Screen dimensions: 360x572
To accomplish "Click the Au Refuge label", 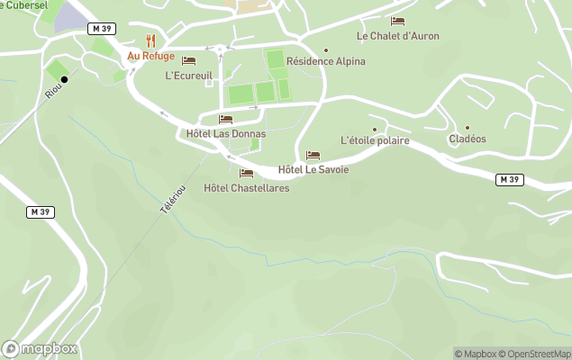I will point(150,56).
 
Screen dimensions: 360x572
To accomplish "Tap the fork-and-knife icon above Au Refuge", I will point(150,40).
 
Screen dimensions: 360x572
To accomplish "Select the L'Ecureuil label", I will point(188,76).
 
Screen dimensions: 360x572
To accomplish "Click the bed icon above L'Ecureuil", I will point(188,61).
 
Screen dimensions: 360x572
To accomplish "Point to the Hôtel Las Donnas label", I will point(225,134).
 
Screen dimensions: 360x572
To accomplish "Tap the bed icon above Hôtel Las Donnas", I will point(225,119).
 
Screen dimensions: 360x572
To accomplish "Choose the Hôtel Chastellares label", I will point(247,188).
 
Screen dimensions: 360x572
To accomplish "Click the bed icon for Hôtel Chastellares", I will point(246,173).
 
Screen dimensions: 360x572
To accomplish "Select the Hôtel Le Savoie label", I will point(313,169).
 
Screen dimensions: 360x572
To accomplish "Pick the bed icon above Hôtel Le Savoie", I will point(313,155).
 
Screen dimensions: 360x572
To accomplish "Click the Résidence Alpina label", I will point(326,62).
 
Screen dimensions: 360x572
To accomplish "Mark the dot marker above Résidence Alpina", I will point(326,50).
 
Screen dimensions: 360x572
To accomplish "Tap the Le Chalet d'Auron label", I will point(397,36).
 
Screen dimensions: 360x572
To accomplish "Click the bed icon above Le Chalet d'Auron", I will point(397,21).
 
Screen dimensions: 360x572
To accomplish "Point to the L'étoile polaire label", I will point(376,141).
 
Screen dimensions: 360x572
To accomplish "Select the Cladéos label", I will point(467,139).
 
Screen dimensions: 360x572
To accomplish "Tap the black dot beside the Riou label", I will point(64,79).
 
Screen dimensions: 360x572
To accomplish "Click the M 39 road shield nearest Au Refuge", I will point(102,29).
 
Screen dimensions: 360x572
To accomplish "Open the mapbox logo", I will point(40,349).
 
